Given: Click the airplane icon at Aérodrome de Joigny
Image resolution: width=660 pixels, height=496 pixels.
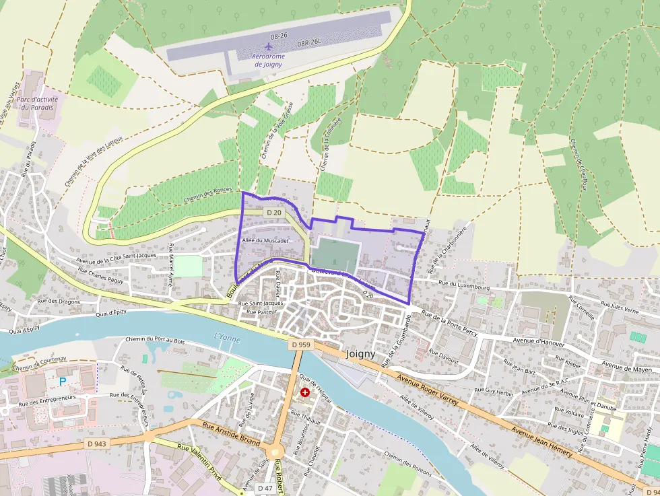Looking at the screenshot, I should tap(269, 46).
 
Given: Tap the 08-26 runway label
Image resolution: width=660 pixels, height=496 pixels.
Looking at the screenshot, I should tap(279, 34).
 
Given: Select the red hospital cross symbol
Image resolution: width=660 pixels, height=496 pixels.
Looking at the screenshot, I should tap(305, 391).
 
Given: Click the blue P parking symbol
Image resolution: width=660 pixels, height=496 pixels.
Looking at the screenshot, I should tap(63, 382).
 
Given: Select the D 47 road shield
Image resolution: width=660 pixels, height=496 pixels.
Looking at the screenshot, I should tap(265, 488).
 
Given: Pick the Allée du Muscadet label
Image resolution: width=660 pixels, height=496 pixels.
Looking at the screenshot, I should tap(265, 240).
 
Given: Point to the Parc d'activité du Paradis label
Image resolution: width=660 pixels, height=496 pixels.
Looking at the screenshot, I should tap(38, 103).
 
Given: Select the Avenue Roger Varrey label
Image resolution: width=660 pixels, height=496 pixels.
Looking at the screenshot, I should tap(427, 391).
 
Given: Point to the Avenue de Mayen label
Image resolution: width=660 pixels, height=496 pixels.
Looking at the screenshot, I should tap(626, 367).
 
